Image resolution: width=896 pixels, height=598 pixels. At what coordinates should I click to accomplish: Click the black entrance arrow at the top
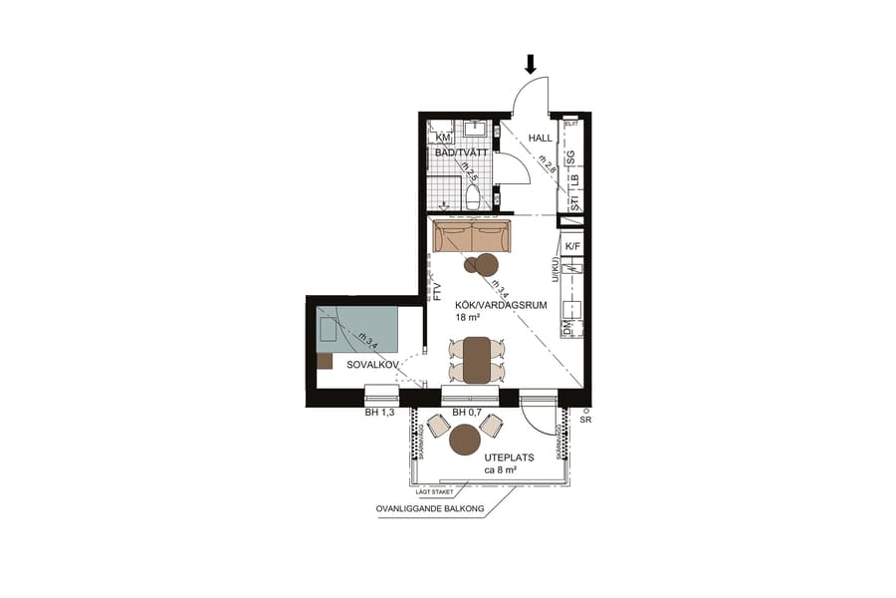(531, 64)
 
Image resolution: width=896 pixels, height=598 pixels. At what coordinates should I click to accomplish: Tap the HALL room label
(540, 139)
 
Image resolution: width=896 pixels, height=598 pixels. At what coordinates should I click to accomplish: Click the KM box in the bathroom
(443, 137)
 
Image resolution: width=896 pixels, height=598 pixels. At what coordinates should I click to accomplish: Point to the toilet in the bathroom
(473, 195)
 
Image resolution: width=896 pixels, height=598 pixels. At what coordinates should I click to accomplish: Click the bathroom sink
(474, 129)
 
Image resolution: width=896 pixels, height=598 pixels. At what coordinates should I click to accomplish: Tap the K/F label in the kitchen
(572, 245)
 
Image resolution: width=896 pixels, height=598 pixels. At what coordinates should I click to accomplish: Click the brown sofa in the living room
(472, 237)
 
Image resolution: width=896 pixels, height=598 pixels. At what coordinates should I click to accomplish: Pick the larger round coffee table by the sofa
(486, 264)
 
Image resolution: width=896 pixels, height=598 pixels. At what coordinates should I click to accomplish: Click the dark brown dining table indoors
(477, 360)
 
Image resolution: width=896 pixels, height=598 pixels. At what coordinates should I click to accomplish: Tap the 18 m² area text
(468, 318)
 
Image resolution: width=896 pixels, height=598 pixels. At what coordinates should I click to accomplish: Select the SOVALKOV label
(372, 366)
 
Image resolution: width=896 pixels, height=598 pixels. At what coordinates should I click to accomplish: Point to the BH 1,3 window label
(380, 412)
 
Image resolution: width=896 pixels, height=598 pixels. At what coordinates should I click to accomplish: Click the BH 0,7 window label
(468, 412)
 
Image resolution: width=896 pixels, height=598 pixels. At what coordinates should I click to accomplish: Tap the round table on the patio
(465, 439)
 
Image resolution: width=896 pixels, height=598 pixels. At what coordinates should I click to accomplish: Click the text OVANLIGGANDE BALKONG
(429, 509)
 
